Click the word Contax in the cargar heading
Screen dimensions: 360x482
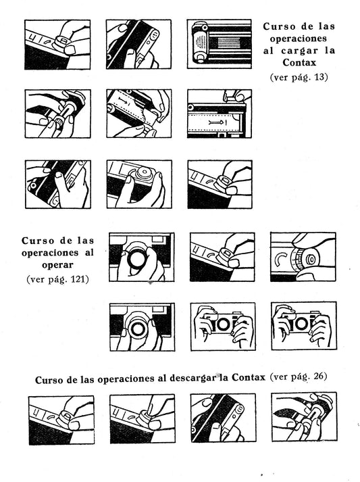click(299, 62)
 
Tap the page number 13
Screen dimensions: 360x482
click(319, 76)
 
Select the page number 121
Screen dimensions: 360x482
click(78, 279)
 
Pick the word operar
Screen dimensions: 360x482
click(58, 265)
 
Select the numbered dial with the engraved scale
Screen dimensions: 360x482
click(297, 260)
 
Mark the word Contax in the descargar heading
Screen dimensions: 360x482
click(248, 377)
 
